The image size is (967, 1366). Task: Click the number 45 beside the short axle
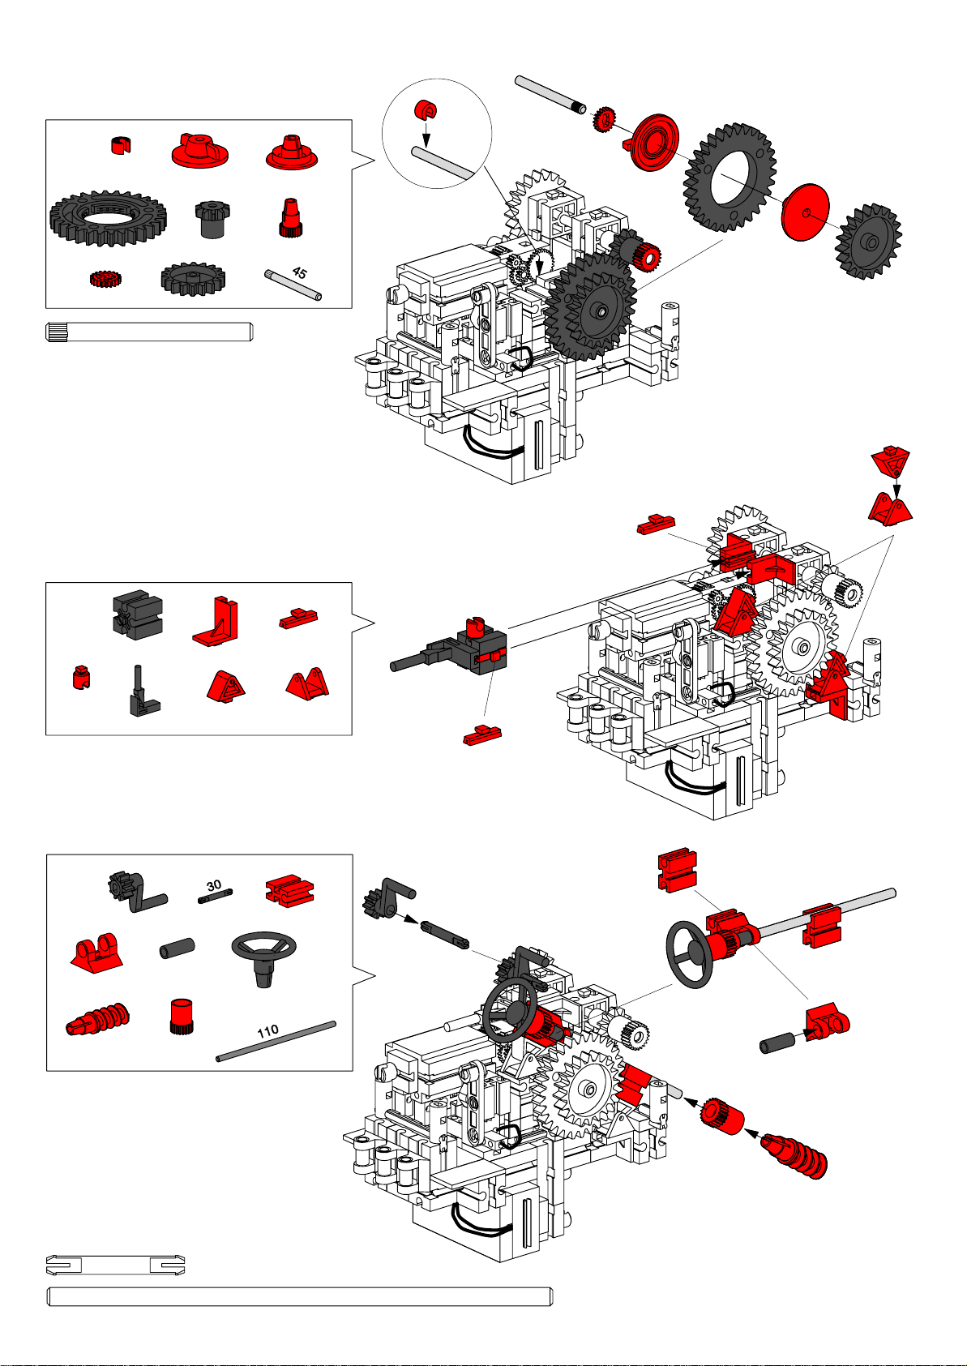300,273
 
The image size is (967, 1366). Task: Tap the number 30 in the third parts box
214,886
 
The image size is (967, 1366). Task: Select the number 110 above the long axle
267,1031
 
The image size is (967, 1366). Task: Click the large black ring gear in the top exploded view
730,178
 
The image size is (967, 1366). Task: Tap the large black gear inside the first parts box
108,219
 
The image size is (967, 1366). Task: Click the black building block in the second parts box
137,614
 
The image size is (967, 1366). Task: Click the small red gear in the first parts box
105,279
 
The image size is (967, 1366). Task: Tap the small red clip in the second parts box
79,677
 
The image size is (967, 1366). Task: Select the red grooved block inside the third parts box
290,890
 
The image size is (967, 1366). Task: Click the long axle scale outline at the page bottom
300,1296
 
